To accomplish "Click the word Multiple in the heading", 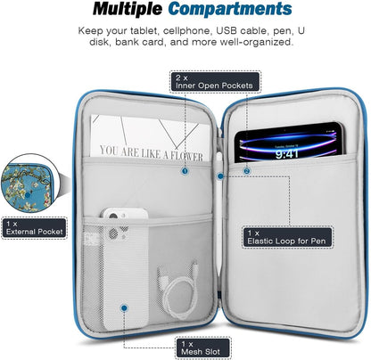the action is click(x=128, y=10).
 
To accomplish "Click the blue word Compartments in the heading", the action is click(x=230, y=9).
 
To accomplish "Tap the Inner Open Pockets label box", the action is click(x=215, y=82).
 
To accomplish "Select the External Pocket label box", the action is click(x=34, y=228).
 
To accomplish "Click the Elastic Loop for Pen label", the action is click(x=287, y=237).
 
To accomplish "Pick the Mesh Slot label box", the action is click(x=203, y=348).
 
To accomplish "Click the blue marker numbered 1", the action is click(x=185, y=171).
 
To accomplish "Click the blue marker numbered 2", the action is click(x=247, y=171).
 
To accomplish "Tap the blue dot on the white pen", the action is click(x=220, y=176).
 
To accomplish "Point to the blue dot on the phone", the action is click(x=124, y=308).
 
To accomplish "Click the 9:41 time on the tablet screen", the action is click(x=286, y=154).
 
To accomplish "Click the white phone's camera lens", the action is click(x=113, y=216).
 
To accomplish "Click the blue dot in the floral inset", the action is click(x=28, y=195).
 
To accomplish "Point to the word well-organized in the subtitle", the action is click(x=256, y=42).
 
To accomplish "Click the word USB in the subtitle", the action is click(x=227, y=31).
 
